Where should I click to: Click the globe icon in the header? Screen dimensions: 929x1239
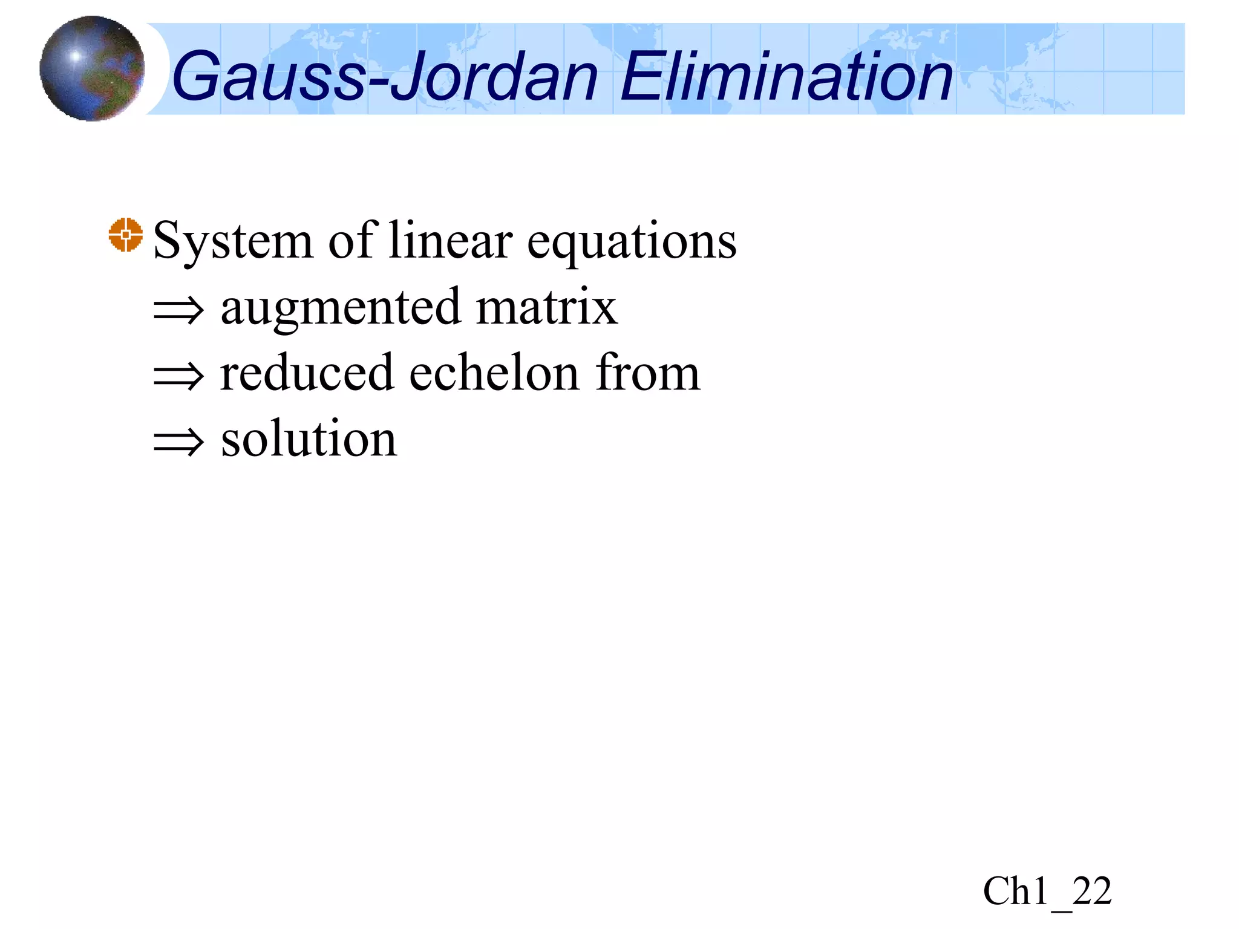pos(92,68)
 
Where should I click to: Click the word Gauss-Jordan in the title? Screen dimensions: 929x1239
pos(385,77)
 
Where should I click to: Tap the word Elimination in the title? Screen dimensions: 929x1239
pos(786,77)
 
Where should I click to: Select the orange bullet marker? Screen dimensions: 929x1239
pos(126,235)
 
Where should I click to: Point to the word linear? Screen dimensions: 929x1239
pos(450,241)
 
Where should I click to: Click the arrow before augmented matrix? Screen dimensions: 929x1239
pos(178,311)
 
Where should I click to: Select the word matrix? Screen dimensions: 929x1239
pos(547,307)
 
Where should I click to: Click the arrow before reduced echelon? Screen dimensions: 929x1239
pos(178,376)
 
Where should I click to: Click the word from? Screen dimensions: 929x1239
pos(647,373)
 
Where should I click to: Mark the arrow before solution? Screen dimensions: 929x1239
pos(178,442)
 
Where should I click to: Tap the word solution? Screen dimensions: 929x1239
pos(309,438)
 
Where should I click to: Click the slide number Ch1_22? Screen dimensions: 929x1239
pos(1047,891)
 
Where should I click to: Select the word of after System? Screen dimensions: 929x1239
pos(353,241)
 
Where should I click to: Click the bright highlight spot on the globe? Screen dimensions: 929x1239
pos(75,57)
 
